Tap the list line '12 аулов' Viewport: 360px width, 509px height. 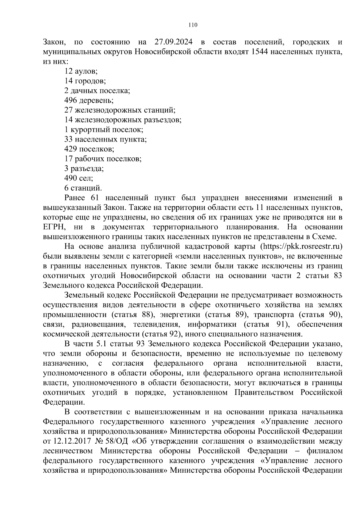point(81,71)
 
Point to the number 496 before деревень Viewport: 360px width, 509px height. point(70,100)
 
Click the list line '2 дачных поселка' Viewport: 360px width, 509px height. point(97,91)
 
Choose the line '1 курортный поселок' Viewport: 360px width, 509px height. point(103,130)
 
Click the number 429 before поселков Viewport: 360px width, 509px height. point(70,149)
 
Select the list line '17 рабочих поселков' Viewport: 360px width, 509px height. point(103,159)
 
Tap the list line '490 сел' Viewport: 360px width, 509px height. point(79,178)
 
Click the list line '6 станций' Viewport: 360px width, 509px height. point(83,188)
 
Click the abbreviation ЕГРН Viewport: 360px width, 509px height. point(54,227)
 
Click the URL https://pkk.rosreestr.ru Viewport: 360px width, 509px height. point(302,247)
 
